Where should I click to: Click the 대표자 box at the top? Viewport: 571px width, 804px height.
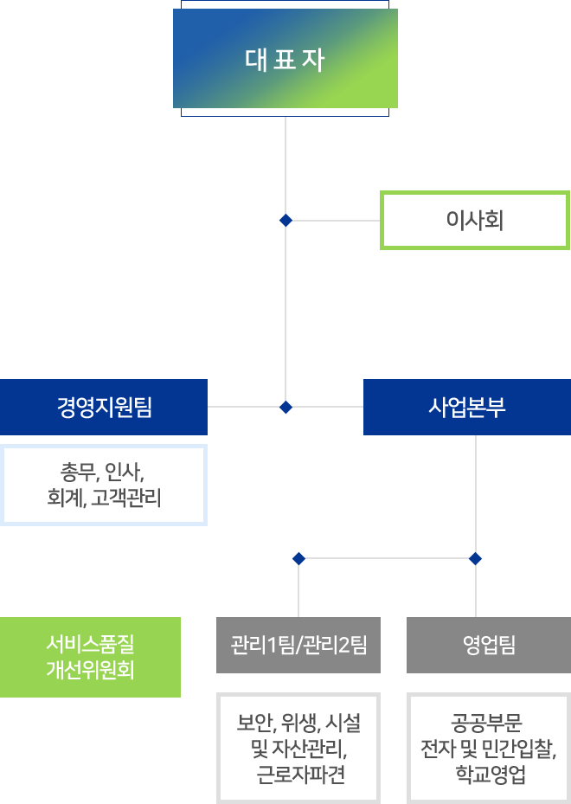point(285,61)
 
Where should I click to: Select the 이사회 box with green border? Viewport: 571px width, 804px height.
point(475,220)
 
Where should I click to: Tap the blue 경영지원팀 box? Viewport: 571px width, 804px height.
point(104,407)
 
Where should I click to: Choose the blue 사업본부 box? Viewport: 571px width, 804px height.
point(467,407)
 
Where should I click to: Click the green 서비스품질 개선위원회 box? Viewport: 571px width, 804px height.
point(90,657)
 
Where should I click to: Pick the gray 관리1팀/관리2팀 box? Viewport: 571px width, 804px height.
point(298,645)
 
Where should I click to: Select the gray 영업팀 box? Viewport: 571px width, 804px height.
point(489,645)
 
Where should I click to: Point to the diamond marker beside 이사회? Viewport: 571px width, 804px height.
point(285,221)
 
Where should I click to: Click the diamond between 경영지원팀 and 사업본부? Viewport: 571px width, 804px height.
point(285,407)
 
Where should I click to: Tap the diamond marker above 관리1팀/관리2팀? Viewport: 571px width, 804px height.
point(298,557)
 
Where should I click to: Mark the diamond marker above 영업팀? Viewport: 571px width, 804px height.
point(475,557)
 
